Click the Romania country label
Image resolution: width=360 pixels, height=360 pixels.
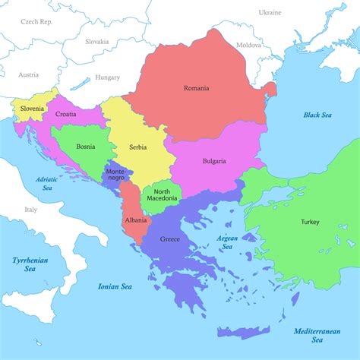click(x=196, y=88)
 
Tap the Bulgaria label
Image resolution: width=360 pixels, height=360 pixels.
click(x=214, y=161)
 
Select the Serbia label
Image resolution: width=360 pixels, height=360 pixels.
click(x=137, y=147)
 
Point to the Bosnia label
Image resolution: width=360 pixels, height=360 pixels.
click(x=85, y=146)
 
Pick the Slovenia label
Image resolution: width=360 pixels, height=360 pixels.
click(x=33, y=109)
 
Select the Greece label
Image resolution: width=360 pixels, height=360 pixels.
click(x=170, y=239)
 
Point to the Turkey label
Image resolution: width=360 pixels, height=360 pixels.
click(x=310, y=222)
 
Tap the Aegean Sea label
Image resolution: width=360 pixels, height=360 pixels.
click(x=228, y=242)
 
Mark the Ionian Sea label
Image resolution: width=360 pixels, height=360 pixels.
click(x=115, y=286)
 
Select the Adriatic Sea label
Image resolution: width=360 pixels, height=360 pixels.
click(x=47, y=183)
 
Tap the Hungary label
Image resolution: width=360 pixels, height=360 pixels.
click(x=108, y=77)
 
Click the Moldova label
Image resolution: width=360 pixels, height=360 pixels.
click(x=248, y=45)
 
